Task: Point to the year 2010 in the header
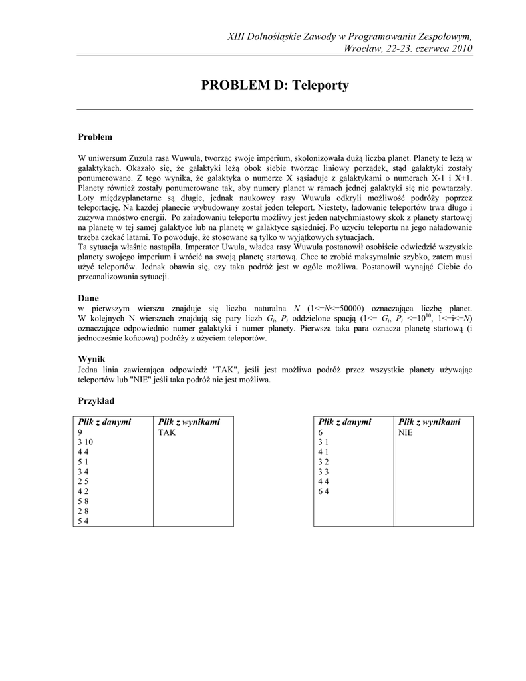(461, 49)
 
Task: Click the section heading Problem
(95, 137)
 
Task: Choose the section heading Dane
(88, 299)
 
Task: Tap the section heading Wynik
(92, 359)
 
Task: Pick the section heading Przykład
(96, 401)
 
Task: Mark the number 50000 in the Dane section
(348, 309)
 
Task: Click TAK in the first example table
(166, 432)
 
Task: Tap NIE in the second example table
(406, 432)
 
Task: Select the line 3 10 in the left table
(87, 442)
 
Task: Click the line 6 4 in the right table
(324, 492)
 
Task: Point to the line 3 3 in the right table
(324, 472)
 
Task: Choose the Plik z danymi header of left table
(104, 422)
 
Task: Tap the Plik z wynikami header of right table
(429, 422)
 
